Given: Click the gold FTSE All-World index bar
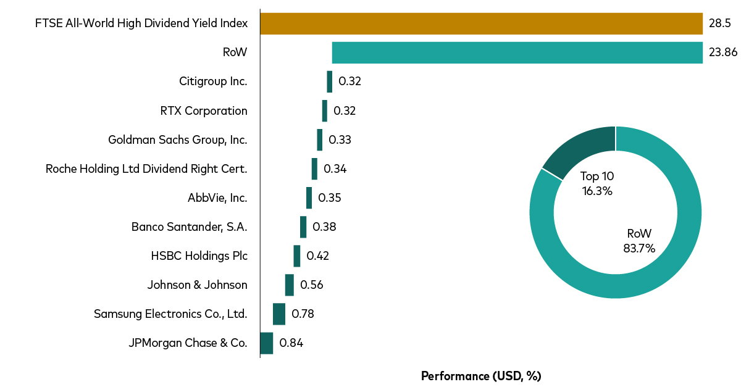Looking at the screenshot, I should click(481, 23).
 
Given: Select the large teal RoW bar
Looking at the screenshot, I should click(517, 52).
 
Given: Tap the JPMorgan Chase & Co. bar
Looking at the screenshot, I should click(266, 343).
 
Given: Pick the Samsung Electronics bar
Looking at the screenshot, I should click(279, 314).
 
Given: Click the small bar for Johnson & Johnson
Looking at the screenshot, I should click(289, 285).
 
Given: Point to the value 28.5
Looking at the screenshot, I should click(720, 23).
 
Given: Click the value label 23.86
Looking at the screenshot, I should click(723, 52).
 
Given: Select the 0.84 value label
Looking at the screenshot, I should click(291, 343).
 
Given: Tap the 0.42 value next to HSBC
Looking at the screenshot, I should click(317, 256).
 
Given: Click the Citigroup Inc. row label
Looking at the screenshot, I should click(213, 81).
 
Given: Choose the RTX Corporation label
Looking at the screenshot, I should click(203, 111).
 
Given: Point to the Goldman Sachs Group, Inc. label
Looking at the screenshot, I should click(177, 140).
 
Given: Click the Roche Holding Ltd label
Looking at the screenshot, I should click(146, 169).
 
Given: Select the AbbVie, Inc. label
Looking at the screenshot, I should click(217, 198).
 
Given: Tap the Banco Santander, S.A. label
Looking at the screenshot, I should click(189, 227).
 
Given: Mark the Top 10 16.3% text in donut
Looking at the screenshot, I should click(597, 183).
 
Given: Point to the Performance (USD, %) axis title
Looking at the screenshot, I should click(480, 376).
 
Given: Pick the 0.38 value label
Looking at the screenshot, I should click(324, 227).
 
